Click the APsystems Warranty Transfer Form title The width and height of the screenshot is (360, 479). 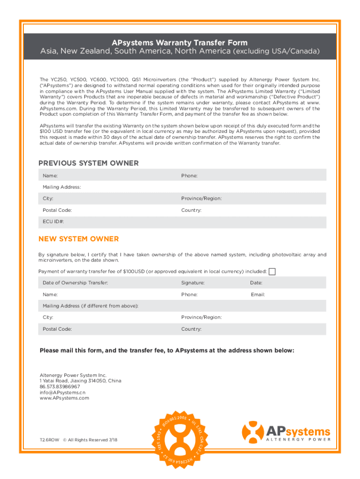[x=180, y=43]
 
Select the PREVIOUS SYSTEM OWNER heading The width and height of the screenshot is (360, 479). [x=88, y=163]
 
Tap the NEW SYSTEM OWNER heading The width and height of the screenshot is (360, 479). [x=79, y=239]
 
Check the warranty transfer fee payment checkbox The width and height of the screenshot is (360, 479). [x=272, y=272]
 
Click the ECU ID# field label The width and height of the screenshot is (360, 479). [x=53, y=222]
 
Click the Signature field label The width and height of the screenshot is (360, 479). [x=193, y=283]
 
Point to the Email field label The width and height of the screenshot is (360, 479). [x=258, y=295]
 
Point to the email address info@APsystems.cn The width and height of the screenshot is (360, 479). [x=63, y=392]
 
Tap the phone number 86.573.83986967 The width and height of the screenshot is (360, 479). [x=60, y=387]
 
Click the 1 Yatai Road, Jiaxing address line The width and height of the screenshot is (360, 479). [x=80, y=381]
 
